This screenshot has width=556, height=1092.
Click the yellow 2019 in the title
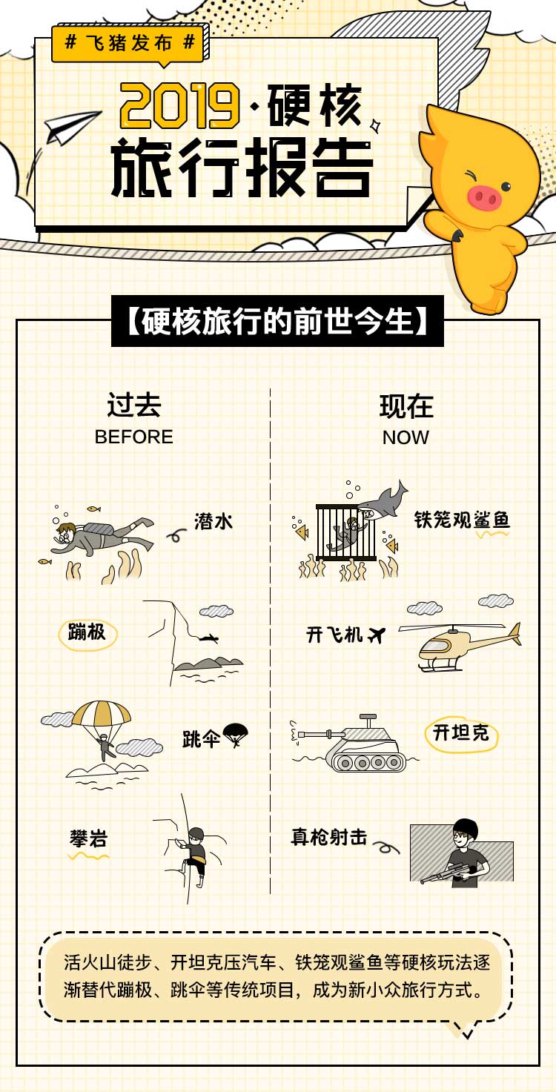(x=180, y=105)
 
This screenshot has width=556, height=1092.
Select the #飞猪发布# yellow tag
(x=128, y=43)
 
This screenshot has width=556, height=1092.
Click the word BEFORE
(x=134, y=437)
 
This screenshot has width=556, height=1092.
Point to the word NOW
(x=406, y=437)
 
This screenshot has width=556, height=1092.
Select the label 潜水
(x=214, y=521)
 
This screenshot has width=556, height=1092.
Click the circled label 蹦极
(x=87, y=633)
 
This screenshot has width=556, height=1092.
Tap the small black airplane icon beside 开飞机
(x=377, y=635)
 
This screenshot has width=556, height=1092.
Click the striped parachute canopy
(x=102, y=712)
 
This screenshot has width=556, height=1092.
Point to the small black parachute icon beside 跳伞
(x=235, y=735)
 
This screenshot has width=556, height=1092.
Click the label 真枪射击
(x=329, y=837)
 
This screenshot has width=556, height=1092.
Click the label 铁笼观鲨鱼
(x=461, y=520)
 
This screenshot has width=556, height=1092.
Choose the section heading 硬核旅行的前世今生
(x=277, y=321)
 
